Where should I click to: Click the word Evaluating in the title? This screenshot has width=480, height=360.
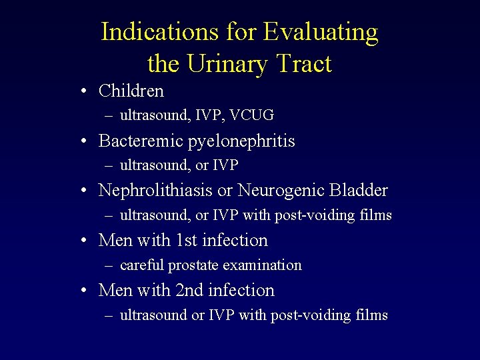(x=321, y=31)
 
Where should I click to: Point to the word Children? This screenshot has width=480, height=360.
(x=131, y=90)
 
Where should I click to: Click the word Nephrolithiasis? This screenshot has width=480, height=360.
(x=156, y=190)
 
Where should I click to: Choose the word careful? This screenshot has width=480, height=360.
(x=143, y=265)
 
